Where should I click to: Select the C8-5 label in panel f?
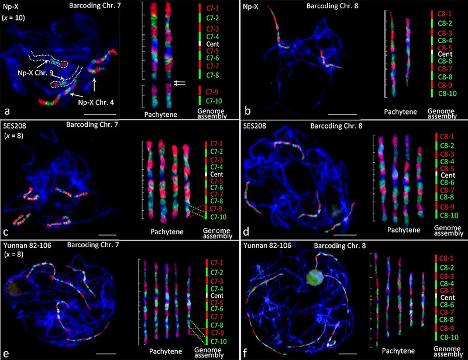tap(448, 290)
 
